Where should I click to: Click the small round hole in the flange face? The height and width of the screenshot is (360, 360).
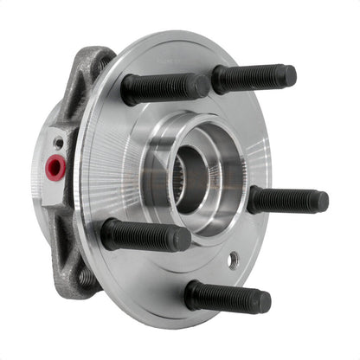pyautogui.click(x=234, y=259)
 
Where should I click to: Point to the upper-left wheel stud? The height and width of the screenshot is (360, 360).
pyautogui.click(x=164, y=88)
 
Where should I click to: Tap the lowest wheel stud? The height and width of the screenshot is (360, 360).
pyautogui.click(x=227, y=297)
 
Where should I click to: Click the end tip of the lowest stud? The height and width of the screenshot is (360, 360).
pyautogui.click(x=263, y=301)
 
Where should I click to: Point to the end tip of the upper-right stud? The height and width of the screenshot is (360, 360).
pyautogui.click(x=290, y=76)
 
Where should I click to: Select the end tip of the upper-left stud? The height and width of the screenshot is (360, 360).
pyautogui.click(x=201, y=86)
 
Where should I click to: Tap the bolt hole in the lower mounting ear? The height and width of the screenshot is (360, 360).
pyautogui.click(x=86, y=277)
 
